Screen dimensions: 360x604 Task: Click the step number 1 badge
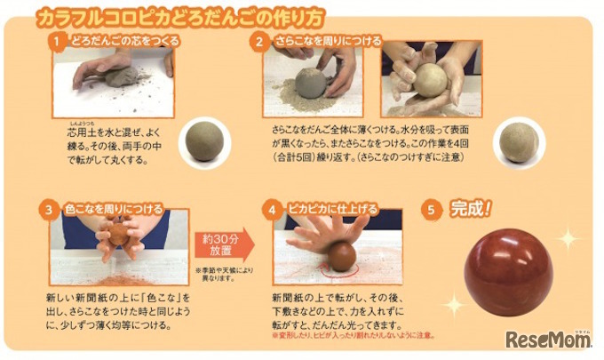(x=55, y=41)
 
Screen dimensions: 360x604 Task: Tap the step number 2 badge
(x=258, y=41)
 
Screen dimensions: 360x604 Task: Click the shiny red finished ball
(x=508, y=272)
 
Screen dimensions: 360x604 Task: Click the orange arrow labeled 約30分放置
(x=224, y=243)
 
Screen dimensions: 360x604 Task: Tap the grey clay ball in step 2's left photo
(x=310, y=83)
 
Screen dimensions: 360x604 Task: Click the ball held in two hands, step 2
(x=430, y=81)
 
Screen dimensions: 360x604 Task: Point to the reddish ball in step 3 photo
(x=119, y=235)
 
